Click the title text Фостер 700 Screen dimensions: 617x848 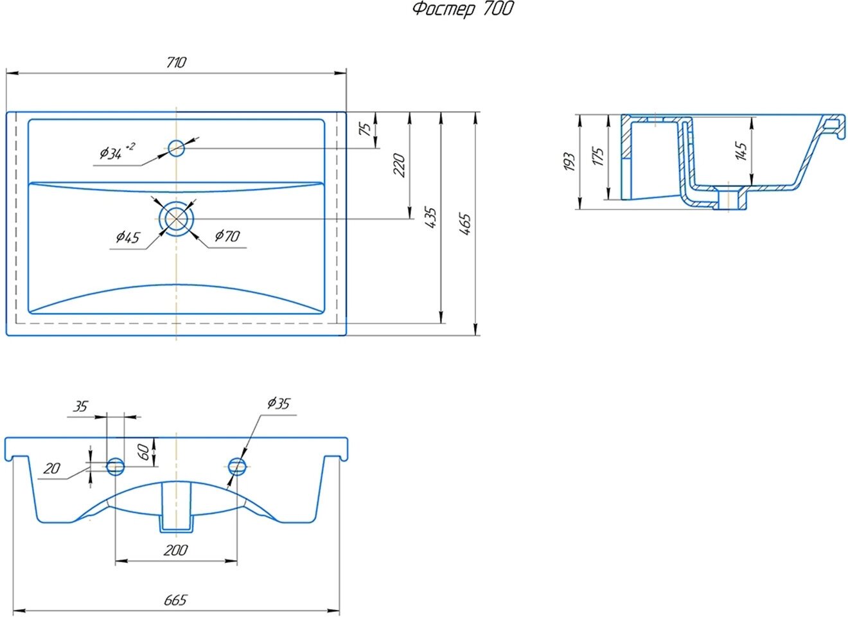coord(463,10)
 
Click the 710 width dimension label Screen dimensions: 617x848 coord(176,62)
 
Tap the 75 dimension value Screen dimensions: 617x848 coord(366,128)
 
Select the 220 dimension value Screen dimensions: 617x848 coord(398,165)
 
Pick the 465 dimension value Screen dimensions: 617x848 coord(466,224)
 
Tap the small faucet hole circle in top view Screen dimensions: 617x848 coord(176,148)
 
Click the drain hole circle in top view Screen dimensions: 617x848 coord(176,219)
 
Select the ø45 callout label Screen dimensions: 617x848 coord(128,237)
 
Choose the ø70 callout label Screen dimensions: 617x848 coord(227,236)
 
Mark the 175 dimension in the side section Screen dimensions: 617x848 coord(597,157)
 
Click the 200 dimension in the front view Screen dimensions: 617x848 coord(175,550)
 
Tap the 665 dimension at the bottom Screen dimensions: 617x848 coord(175,600)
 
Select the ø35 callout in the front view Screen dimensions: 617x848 coord(278,404)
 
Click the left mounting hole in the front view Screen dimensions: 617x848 coord(116,466)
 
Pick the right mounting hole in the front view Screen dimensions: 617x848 coord(236,466)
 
